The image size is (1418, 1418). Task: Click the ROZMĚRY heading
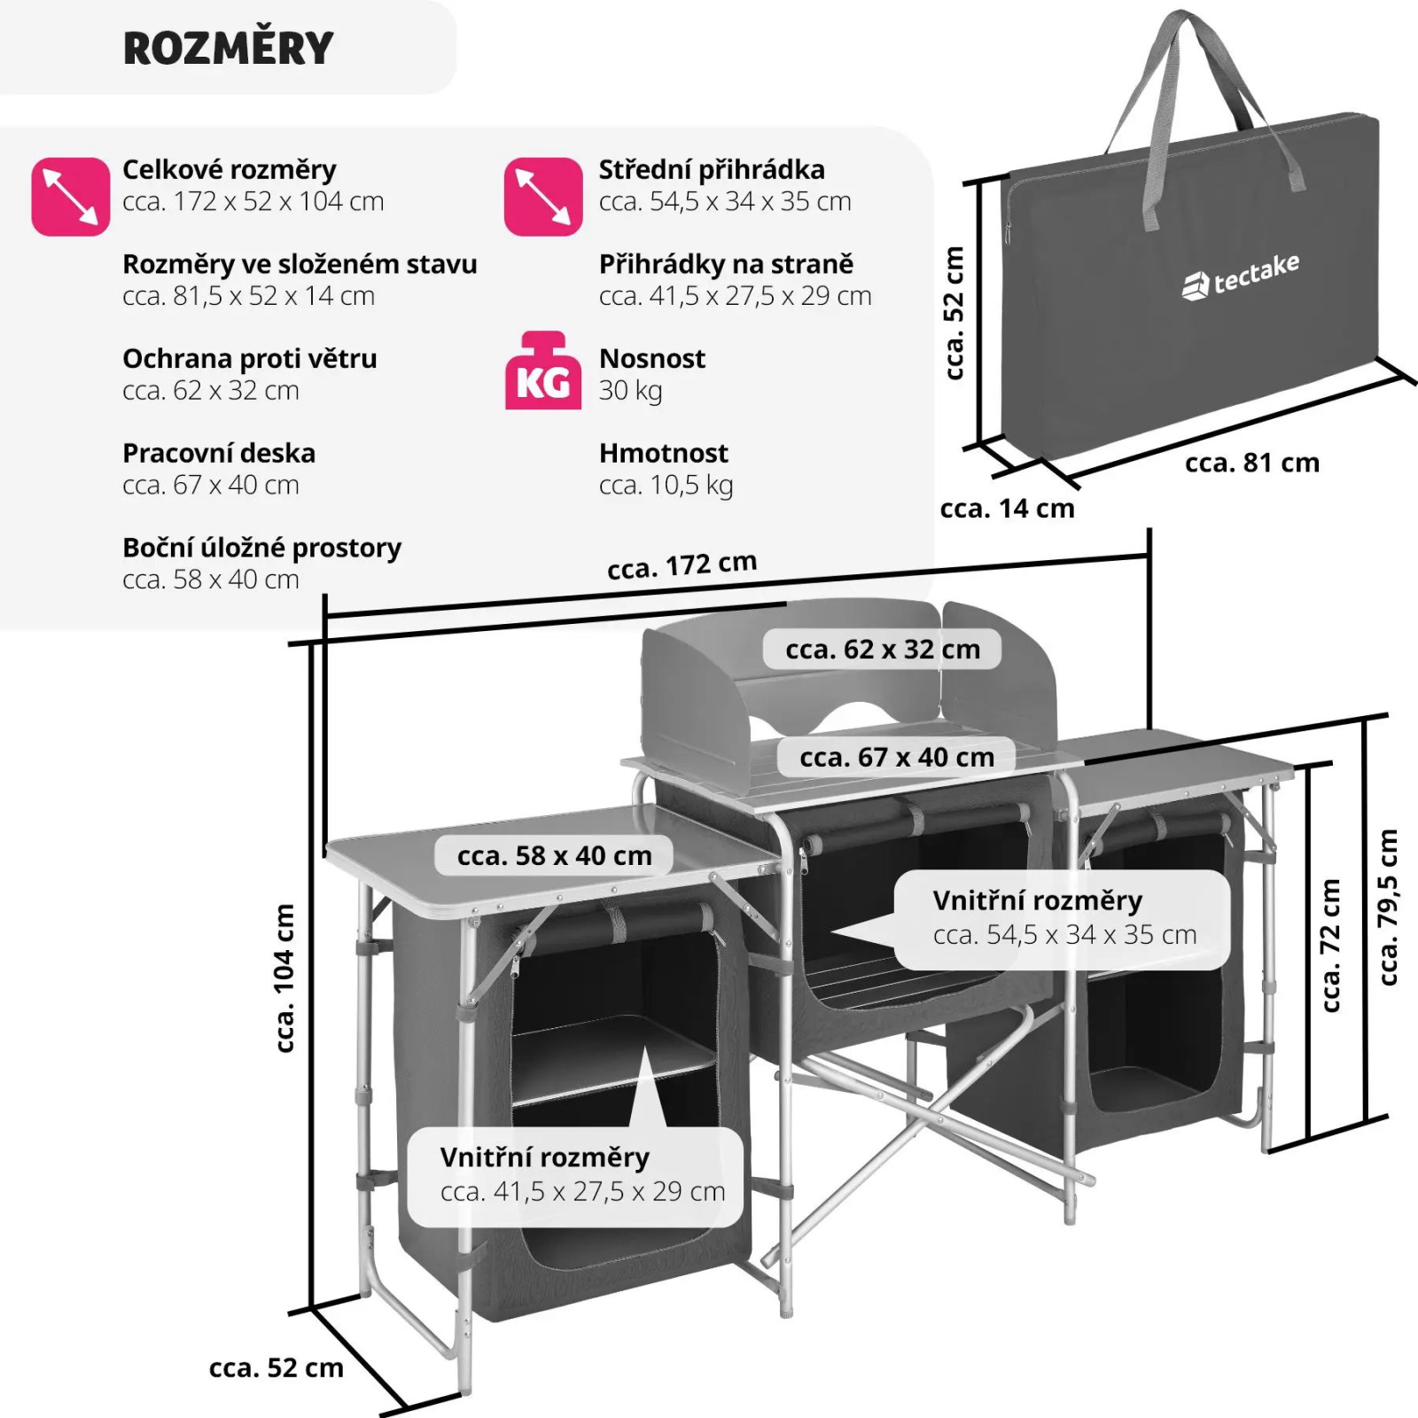point(228,48)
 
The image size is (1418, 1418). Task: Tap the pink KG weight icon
point(543,370)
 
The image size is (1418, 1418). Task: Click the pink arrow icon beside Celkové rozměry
point(70,197)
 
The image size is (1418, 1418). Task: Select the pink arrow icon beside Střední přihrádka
point(543,197)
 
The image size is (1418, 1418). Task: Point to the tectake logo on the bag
point(1241,277)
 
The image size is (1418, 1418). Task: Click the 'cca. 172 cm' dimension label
point(682,565)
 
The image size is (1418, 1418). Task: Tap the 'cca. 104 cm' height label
point(284,978)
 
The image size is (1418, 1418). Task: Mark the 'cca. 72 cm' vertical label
point(1330,946)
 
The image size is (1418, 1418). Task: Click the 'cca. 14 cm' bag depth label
point(1007,509)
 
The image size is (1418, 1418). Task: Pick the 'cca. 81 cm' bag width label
point(1252,463)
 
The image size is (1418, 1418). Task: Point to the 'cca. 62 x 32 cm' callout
point(883,649)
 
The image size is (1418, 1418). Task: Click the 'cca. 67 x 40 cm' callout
point(897,757)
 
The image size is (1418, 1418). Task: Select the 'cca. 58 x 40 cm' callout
point(555,855)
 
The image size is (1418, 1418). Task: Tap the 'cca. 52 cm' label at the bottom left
point(277,1367)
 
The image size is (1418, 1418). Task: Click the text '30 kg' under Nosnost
point(631,391)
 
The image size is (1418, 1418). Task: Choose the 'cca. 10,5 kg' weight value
point(666,486)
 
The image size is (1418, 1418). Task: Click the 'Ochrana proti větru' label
point(250,358)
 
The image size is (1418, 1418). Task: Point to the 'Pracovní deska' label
point(219,453)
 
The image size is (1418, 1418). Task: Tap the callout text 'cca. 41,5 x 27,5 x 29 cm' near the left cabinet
point(583,1191)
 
